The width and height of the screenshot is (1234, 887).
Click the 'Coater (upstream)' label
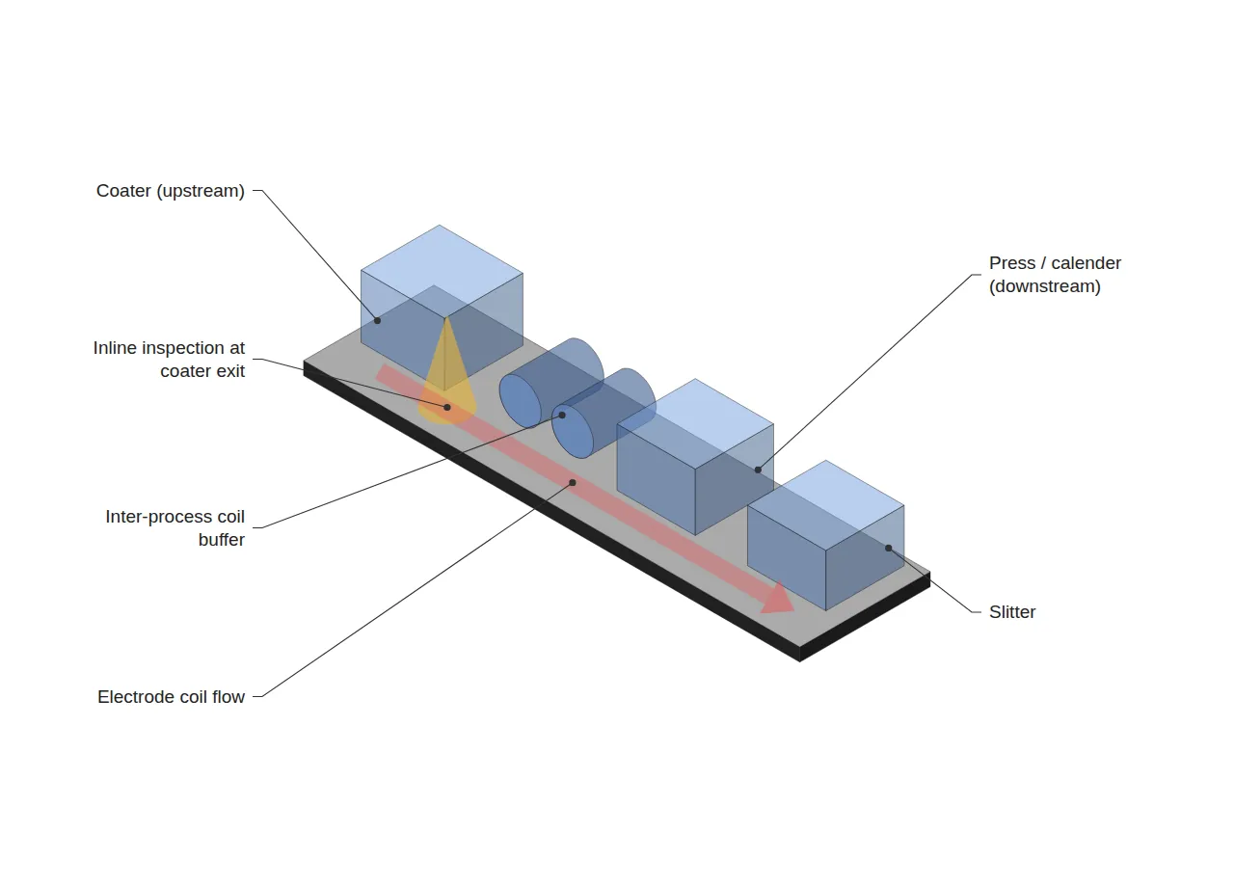pos(171,191)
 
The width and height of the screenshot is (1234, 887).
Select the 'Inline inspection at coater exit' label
pos(169,360)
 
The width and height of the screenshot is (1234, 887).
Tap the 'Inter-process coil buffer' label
pos(174,527)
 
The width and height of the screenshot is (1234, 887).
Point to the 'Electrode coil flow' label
pos(171,697)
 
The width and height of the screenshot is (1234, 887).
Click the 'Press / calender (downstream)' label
pos(1055,275)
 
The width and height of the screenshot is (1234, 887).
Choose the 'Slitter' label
pos(1012,612)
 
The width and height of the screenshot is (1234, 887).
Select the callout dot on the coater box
pos(377,321)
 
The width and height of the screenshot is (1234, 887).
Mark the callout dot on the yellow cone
pos(447,407)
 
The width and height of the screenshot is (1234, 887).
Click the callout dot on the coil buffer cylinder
pos(562,415)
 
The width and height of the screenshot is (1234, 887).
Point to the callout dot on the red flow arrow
pos(573,483)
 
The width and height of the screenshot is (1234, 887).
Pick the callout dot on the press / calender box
pos(758,470)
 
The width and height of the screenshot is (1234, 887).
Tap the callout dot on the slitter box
pos(888,549)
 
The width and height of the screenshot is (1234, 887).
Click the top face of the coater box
pos(442,271)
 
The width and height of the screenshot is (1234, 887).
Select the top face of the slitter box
pos(826,505)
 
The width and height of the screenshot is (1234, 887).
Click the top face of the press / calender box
pos(695,423)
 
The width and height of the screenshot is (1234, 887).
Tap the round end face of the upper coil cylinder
pos(520,400)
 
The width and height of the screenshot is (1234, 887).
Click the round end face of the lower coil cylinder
pos(573,431)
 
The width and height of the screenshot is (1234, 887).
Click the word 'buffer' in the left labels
pos(222,540)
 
